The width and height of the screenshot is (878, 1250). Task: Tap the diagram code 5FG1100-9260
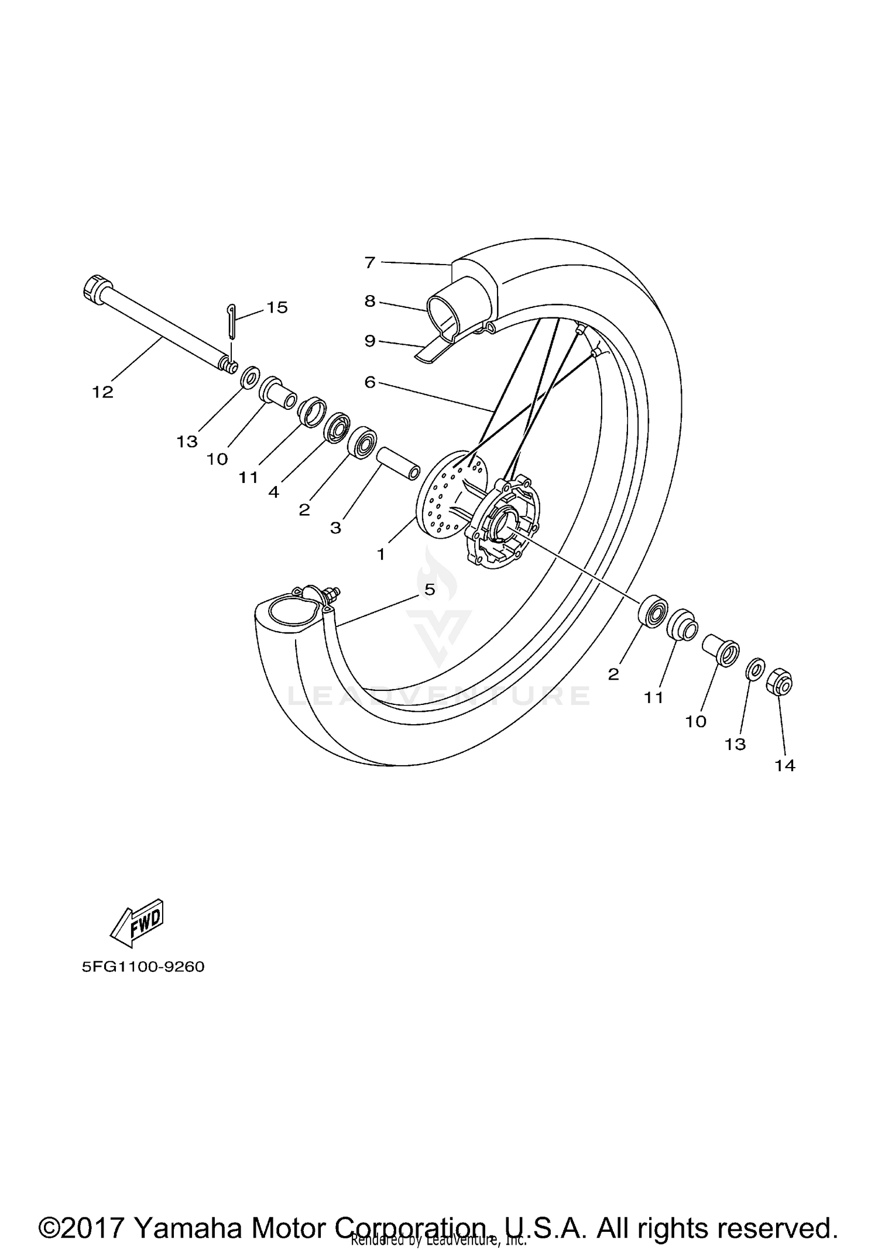click(143, 967)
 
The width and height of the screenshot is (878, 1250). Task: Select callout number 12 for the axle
click(102, 392)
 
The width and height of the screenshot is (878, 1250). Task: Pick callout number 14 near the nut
click(785, 765)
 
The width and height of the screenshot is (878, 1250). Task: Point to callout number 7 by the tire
click(369, 262)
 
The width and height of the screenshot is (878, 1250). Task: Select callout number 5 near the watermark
click(430, 590)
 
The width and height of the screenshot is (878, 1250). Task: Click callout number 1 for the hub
click(381, 553)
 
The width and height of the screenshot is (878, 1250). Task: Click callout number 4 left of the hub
click(273, 492)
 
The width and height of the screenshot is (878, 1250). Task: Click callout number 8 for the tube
click(369, 301)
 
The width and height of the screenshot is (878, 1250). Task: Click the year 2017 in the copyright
click(97, 1212)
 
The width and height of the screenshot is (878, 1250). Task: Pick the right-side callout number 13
click(735, 744)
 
